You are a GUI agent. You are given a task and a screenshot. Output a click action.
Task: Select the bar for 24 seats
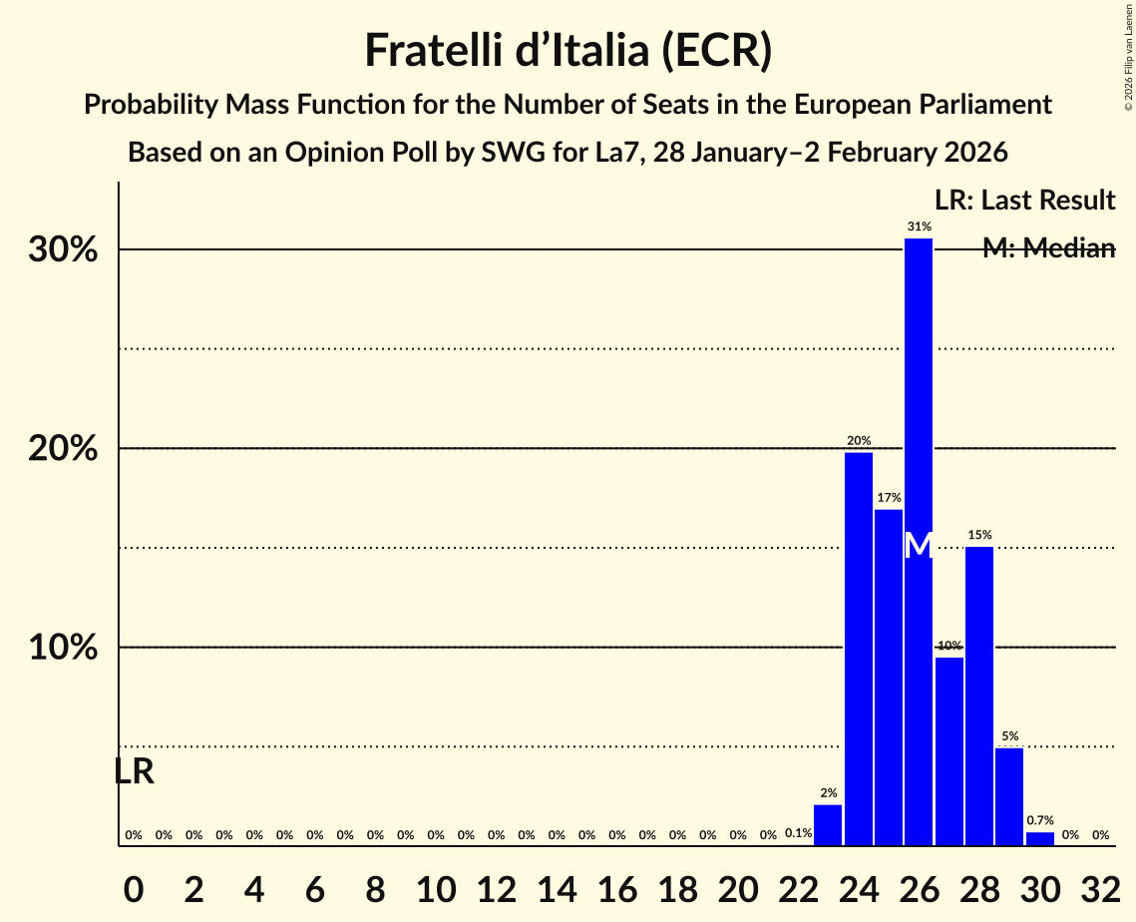pos(859,649)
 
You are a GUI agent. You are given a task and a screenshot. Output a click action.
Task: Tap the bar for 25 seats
pos(889,678)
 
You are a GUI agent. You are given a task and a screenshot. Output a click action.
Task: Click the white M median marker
pos(919,546)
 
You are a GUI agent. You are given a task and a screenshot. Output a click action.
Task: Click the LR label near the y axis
pos(134,771)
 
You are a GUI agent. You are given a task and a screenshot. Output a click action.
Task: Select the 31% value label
pos(919,227)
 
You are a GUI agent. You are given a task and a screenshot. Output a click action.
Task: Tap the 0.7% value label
pos(1040,820)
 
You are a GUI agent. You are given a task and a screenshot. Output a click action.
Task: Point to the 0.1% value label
pos(798,833)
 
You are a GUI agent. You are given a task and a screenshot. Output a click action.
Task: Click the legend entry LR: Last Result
pos(1024,200)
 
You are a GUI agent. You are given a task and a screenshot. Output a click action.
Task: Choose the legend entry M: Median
pos(1048,248)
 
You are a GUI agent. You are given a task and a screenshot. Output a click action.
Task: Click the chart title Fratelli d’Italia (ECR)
pos(568,50)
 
